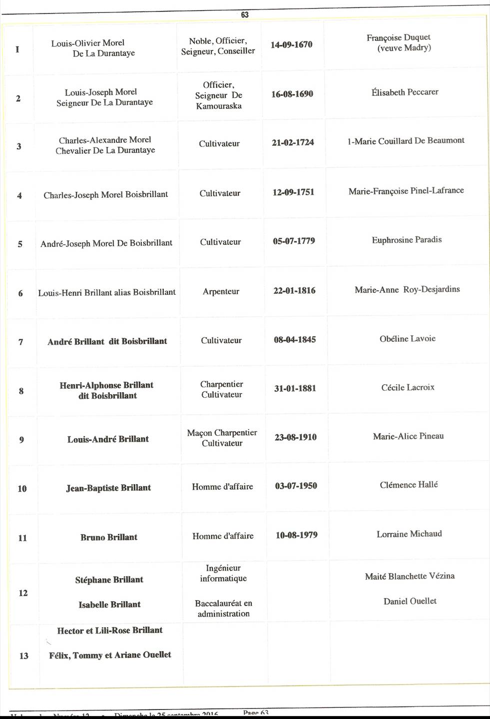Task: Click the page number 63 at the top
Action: click(x=245, y=15)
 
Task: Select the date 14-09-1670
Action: click(x=292, y=45)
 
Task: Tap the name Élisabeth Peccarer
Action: click(x=405, y=92)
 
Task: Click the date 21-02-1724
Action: click(x=293, y=142)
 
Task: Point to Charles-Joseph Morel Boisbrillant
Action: click(x=106, y=195)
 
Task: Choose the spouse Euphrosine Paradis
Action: click(x=407, y=240)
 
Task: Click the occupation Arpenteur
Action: click(x=221, y=291)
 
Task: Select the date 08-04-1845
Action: click(x=295, y=340)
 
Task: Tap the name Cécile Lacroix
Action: click(x=408, y=387)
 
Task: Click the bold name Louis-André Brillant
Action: click(x=108, y=439)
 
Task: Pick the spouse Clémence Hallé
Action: click(x=409, y=485)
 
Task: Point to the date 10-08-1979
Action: click(x=297, y=535)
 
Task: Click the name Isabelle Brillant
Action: click(x=109, y=605)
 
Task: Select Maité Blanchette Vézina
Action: click(x=410, y=576)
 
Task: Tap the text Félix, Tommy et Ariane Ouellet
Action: click(x=110, y=655)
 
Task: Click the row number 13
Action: click(x=24, y=656)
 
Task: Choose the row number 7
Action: click(x=20, y=342)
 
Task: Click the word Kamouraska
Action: click(x=219, y=106)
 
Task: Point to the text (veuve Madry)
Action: click(x=404, y=48)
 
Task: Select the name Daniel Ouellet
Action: click(x=410, y=601)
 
